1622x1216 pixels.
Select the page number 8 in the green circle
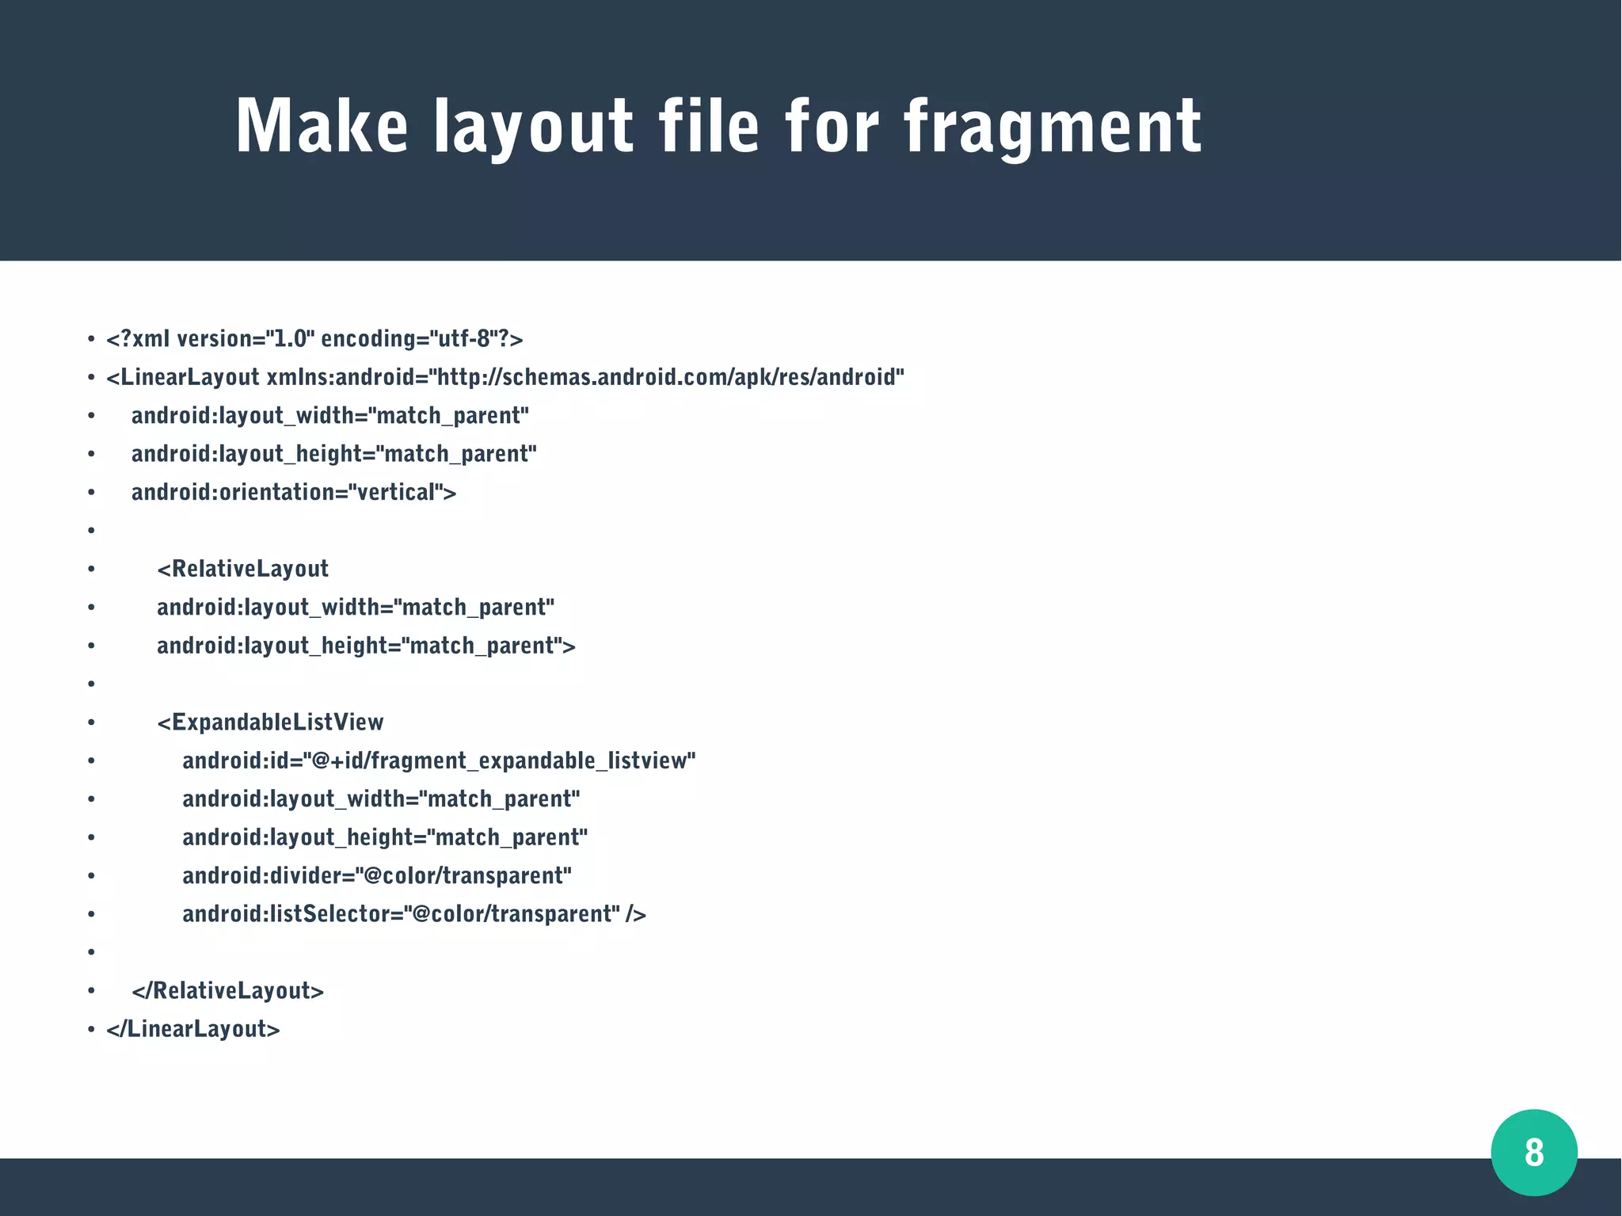tap(1534, 1152)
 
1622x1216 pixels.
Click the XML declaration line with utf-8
tap(314, 339)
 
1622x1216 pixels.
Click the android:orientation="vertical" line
tap(294, 493)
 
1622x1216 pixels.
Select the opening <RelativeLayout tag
tap(242, 569)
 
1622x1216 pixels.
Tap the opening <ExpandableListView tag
tap(270, 722)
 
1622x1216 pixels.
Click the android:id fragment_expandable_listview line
tap(439, 761)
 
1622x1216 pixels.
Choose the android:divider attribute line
tap(377, 876)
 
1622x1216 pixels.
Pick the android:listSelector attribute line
tap(414, 914)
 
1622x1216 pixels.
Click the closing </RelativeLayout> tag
tap(228, 991)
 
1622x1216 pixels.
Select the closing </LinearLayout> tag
tap(193, 1029)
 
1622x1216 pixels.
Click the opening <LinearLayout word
tap(183, 377)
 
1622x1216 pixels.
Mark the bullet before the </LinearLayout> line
tap(91, 1030)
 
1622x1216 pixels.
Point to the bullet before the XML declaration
tap(91, 340)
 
